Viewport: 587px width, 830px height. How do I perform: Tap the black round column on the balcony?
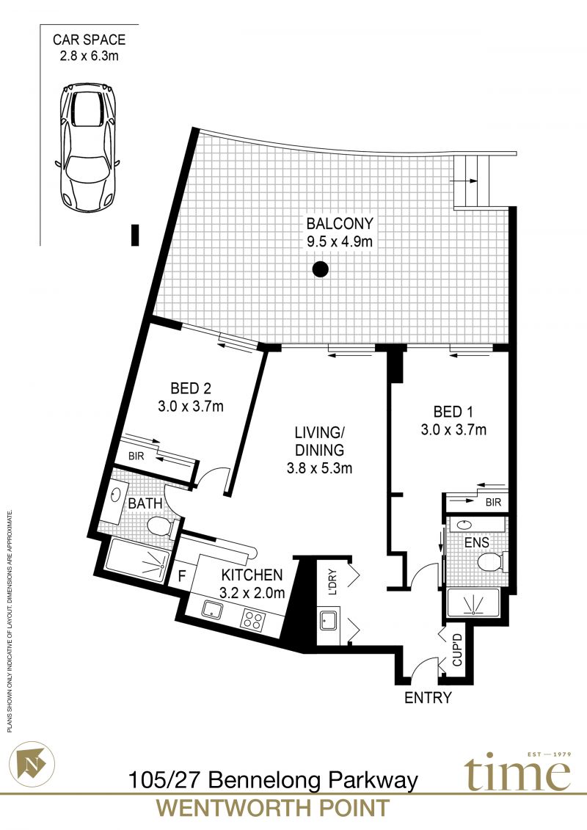[320, 269]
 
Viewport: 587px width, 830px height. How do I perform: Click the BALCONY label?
[340, 223]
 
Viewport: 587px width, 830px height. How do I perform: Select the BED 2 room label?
[191, 388]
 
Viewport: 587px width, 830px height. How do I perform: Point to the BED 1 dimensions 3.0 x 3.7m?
[453, 429]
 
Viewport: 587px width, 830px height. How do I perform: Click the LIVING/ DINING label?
[320, 441]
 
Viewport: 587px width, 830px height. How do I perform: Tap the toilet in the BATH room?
[161, 527]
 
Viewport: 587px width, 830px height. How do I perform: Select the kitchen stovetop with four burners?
[252, 619]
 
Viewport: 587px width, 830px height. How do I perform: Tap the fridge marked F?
[181, 575]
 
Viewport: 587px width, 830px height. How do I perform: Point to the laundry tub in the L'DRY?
[329, 619]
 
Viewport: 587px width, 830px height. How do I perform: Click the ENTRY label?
[429, 698]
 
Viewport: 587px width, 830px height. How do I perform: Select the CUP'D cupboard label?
[457, 650]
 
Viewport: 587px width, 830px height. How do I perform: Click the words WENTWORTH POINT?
[273, 808]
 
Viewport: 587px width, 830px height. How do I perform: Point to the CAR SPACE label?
[89, 40]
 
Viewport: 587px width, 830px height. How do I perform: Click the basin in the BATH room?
[115, 495]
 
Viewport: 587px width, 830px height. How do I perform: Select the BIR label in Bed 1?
[493, 503]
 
